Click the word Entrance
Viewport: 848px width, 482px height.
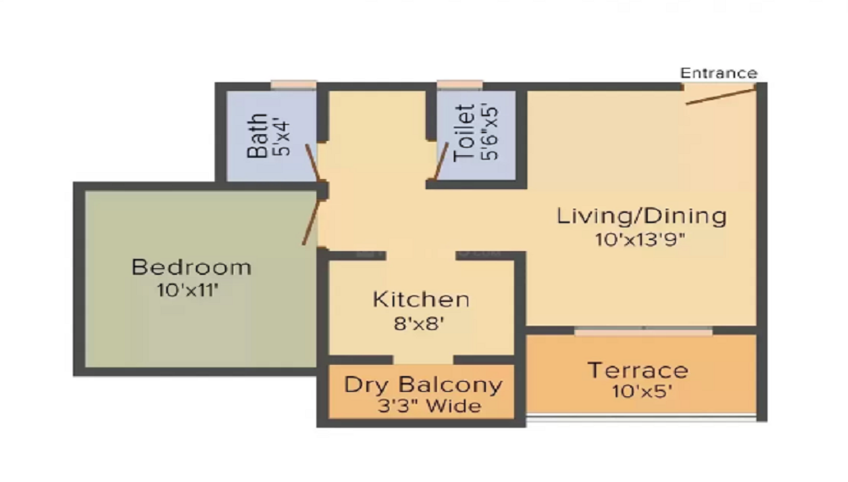pyautogui.click(x=718, y=73)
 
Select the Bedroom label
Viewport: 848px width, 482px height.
pyautogui.click(x=191, y=267)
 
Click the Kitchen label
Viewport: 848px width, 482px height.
pyautogui.click(x=421, y=300)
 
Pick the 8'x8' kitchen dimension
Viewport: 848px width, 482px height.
pyautogui.click(x=421, y=322)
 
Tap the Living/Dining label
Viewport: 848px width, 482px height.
pyautogui.click(x=641, y=216)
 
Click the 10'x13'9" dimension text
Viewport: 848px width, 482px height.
pyautogui.click(x=640, y=239)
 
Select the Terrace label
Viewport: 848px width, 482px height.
pyautogui.click(x=639, y=370)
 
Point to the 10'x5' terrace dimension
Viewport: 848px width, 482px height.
pyautogui.click(x=639, y=392)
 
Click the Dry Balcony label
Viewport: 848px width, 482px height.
pyautogui.click(x=422, y=384)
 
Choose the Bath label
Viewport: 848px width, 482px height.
pyautogui.click(x=258, y=136)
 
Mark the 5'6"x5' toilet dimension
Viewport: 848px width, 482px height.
pyautogui.click(x=489, y=132)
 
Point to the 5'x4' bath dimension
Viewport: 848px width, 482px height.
pyautogui.click(x=282, y=136)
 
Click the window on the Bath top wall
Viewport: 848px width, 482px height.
pyautogui.click(x=293, y=84)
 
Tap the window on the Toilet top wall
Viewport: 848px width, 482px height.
pyautogui.click(x=460, y=84)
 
